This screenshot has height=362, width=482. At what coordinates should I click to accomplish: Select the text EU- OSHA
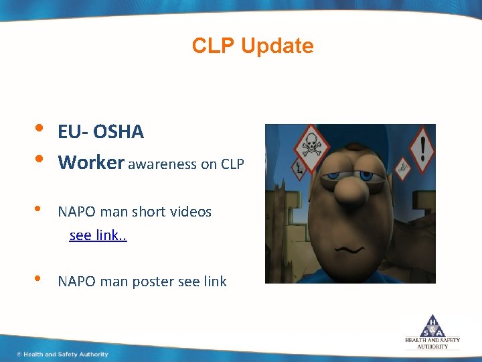100,132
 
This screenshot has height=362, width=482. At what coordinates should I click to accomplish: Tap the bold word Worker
91,163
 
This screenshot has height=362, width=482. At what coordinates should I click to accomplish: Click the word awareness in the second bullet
162,164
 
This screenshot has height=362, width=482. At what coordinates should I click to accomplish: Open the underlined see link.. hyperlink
98,236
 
